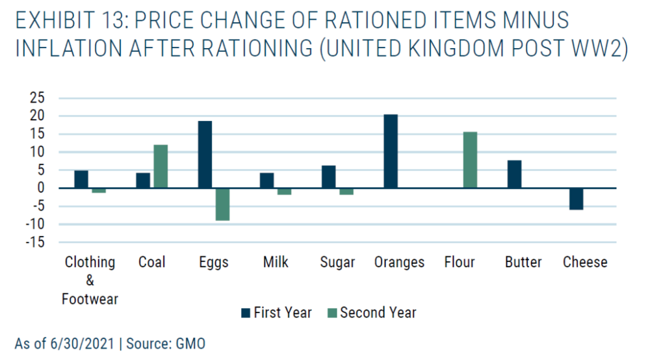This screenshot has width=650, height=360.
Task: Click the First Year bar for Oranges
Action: pos(391,151)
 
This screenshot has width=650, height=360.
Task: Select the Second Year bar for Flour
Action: pos(470,160)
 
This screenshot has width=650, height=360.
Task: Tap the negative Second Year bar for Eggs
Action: pos(222,204)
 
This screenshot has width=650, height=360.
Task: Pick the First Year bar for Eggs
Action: pos(205,155)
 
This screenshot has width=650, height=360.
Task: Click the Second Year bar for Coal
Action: pos(161,166)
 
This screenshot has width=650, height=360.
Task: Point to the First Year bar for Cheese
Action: pos(576,199)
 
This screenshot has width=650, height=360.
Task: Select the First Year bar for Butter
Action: pos(514,174)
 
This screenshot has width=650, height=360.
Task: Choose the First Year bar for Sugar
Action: pos(329,177)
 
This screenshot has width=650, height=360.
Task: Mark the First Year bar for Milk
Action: pos(267,181)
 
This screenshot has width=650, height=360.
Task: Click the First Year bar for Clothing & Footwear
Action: pos(81,179)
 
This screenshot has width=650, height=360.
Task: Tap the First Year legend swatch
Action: pos(246,313)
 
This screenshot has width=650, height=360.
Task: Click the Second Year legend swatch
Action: pos(332,313)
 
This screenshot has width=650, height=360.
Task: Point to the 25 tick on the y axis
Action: pos(37,97)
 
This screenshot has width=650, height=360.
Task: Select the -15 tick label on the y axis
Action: pos(35,242)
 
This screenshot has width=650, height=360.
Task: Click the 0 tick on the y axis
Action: pos(40,188)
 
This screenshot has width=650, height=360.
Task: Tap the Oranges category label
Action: pos(399,263)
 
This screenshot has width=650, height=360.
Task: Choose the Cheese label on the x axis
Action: pos(585,262)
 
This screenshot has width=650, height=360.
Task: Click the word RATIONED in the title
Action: pos(375,20)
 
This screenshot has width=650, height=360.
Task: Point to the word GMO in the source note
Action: pos(190,344)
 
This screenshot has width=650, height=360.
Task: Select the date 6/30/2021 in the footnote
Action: pos(82,344)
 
